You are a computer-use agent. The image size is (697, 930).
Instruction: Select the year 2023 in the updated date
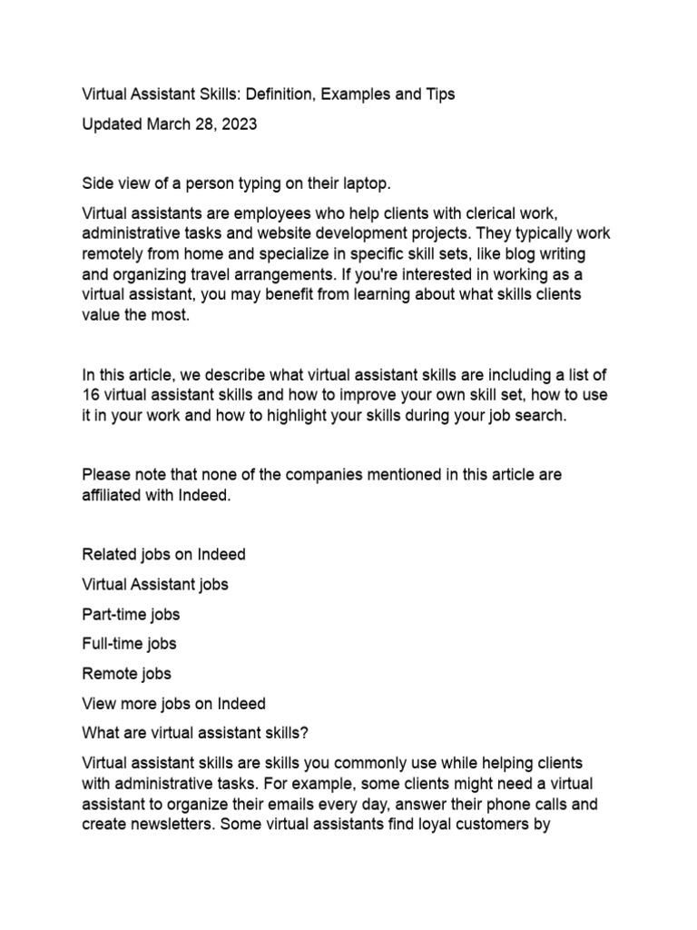pyautogui.click(x=239, y=124)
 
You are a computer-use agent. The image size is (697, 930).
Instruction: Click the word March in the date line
pyautogui.click(x=169, y=124)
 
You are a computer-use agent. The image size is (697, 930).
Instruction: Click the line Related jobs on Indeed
pyautogui.click(x=163, y=554)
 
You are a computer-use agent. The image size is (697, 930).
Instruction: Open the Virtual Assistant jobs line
pyautogui.click(x=155, y=584)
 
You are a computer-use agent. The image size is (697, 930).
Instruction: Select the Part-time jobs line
pyautogui.click(x=131, y=614)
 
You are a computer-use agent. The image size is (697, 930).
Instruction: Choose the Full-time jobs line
pyautogui.click(x=129, y=644)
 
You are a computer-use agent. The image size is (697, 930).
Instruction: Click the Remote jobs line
pyautogui.click(x=126, y=674)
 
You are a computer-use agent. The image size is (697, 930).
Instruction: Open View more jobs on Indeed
pyautogui.click(x=173, y=704)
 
